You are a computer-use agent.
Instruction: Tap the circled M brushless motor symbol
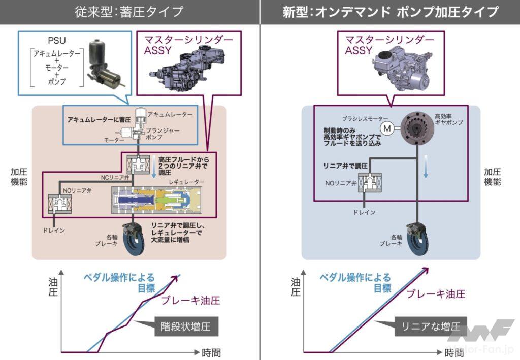(x=387, y=128)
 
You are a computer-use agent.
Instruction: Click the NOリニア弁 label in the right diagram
(x=340, y=181)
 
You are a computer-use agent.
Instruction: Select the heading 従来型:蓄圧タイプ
(x=129, y=12)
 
